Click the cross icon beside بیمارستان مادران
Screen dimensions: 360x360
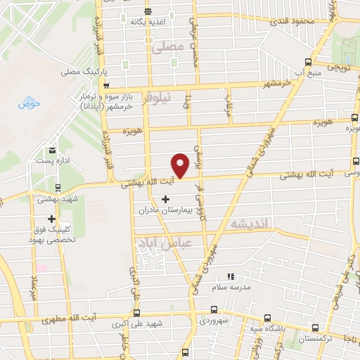165,199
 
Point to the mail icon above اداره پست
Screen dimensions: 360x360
53,150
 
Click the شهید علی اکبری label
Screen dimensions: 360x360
137,326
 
